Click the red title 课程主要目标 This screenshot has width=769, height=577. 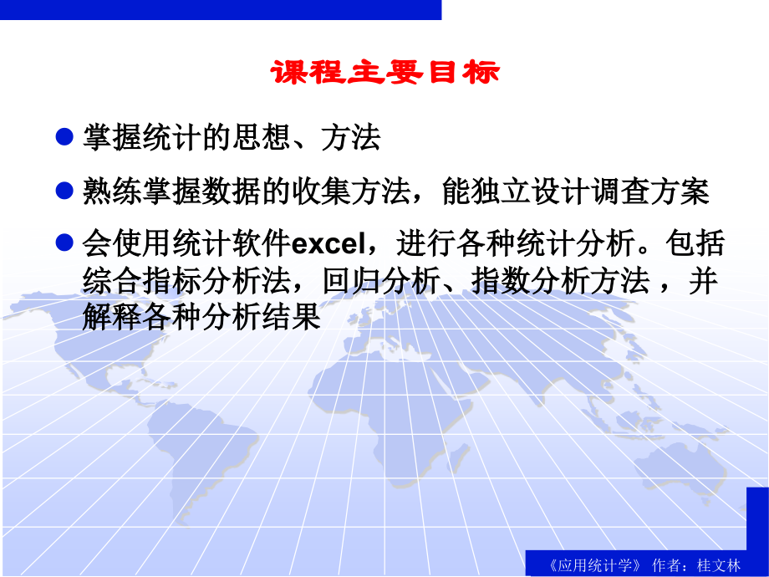coord(384,74)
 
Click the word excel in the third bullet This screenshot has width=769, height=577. coord(328,245)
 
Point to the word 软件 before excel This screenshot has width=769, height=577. coord(262,244)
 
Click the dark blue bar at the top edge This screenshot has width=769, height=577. coord(221,8)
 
